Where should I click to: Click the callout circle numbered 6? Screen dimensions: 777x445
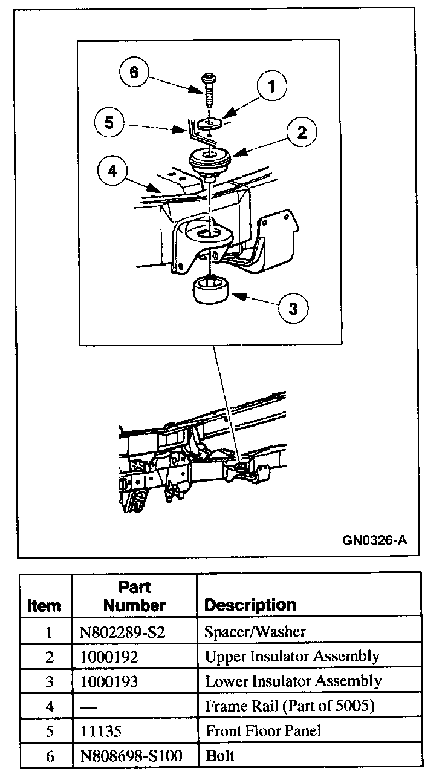134,73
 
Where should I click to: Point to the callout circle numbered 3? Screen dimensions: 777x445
293,309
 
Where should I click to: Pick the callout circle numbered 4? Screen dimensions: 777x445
112,171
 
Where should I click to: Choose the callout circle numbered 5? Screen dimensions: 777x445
109,122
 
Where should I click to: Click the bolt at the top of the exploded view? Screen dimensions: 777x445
209,91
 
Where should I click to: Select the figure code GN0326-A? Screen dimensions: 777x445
374,539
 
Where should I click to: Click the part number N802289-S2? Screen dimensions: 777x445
122,632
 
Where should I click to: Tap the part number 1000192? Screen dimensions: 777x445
109,657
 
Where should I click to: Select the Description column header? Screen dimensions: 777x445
250,605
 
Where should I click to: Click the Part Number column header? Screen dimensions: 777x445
134,596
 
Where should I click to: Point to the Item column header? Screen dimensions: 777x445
44,605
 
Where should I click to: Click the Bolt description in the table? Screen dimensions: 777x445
220,755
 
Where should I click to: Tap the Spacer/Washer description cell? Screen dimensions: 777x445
255,632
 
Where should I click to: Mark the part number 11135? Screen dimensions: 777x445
101,730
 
